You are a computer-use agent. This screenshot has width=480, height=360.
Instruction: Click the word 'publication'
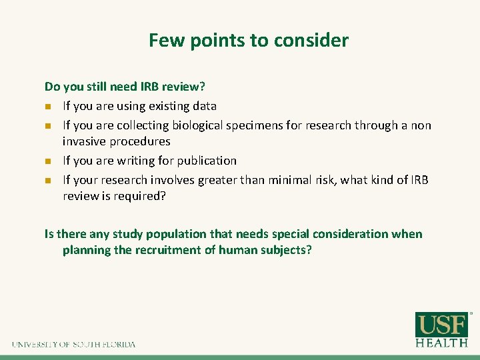tap(207, 161)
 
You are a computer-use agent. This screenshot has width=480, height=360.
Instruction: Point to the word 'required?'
tap(143, 196)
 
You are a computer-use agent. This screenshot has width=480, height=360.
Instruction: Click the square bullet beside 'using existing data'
tap(47, 107)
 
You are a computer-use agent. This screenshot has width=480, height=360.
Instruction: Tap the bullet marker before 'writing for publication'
tap(47, 161)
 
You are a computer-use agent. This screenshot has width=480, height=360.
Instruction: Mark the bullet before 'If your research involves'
tap(47, 181)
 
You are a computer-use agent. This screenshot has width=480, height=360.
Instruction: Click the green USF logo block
tap(441, 325)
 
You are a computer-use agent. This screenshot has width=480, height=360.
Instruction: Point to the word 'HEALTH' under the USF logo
tap(441, 343)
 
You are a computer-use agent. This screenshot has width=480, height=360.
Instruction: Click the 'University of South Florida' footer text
tap(73, 345)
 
